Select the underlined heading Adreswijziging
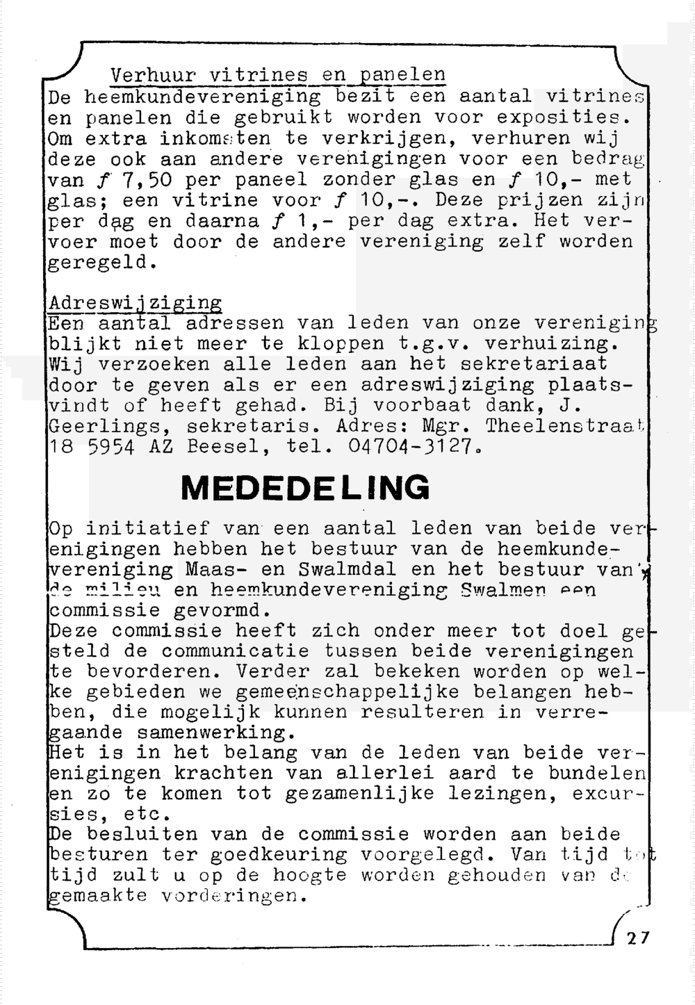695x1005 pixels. [x=136, y=304]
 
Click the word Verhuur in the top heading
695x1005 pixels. [x=154, y=74]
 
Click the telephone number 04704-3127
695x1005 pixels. [x=414, y=446]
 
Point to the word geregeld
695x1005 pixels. [x=99, y=263]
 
